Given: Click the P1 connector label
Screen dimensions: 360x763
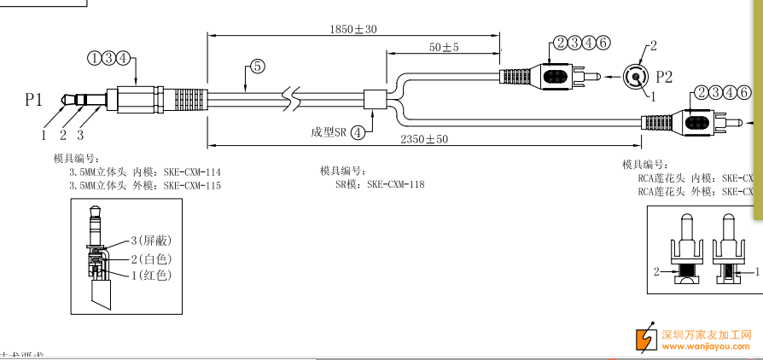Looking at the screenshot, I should (x=33, y=100).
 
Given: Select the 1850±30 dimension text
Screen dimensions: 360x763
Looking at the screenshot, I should (x=352, y=29).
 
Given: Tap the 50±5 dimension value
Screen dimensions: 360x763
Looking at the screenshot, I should (x=444, y=47).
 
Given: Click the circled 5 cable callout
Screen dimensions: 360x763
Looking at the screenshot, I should (x=255, y=65).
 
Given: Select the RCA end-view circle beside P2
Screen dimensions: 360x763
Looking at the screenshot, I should (x=636, y=77).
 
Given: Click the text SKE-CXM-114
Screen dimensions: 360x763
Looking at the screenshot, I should (x=192, y=172).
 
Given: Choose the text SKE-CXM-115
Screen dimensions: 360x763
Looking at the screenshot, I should (x=192, y=185).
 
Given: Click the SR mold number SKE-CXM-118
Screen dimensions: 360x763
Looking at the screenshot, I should (x=395, y=183).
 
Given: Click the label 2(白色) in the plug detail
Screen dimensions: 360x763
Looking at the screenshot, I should (x=151, y=258).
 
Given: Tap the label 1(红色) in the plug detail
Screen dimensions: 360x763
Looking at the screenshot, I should (x=151, y=275).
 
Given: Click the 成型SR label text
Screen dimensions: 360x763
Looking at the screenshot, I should (x=329, y=132).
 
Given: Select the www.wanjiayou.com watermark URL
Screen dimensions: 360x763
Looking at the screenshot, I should (x=706, y=346).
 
